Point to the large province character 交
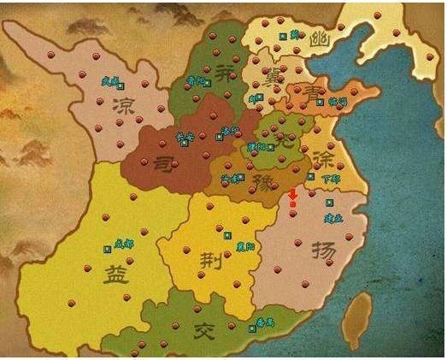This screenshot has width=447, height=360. click(203, 330)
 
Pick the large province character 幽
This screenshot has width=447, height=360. click(321, 38)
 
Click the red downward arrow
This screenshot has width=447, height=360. click(293, 198)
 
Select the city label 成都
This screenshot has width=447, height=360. click(125, 243)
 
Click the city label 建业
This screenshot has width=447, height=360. click(333, 217)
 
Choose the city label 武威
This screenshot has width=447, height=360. click(109, 82)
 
